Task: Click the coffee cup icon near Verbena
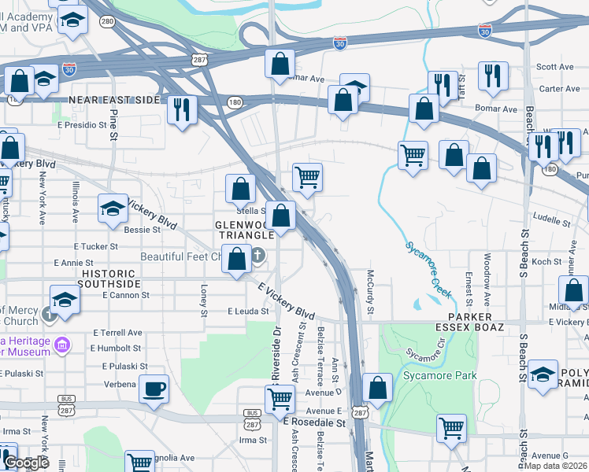coord(153,388)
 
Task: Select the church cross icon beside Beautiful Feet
coord(259,256)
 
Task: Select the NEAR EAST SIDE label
coord(114,101)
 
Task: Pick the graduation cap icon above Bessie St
coord(113,208)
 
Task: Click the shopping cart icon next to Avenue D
coord(280,399)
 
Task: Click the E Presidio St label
coord(81,124)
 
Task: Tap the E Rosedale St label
coord(315,422)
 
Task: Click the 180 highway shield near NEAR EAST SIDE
coord(235,102)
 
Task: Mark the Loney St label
coord(204,301)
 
